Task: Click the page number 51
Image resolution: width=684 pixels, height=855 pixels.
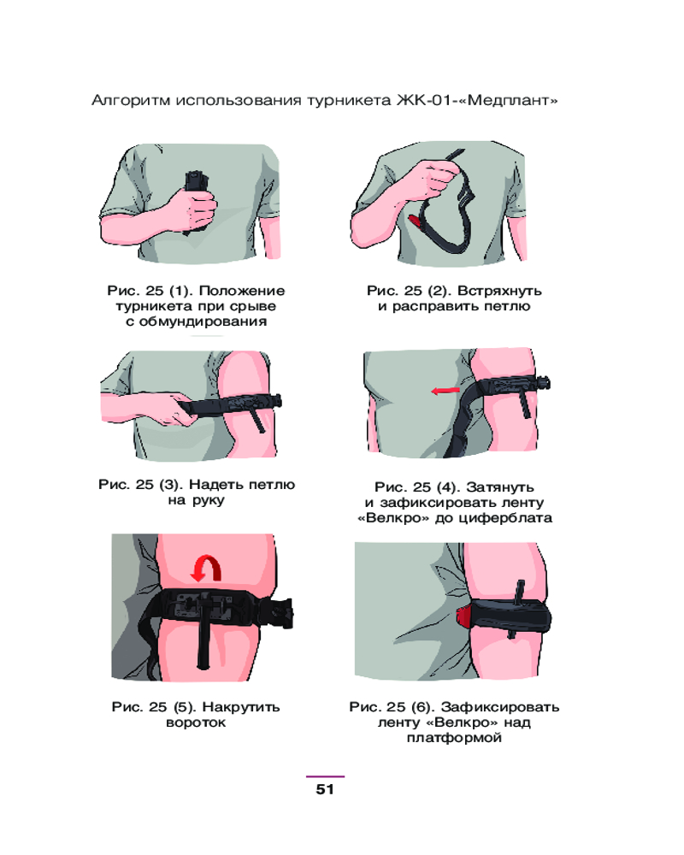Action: (325, 789)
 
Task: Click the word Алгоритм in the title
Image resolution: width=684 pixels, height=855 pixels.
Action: (130, 101)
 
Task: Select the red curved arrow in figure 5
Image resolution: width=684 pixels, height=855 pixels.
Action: (206, 569)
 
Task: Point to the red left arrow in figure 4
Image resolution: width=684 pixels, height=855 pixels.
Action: (445, 391)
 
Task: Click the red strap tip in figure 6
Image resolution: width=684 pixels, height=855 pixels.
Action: (463, 616)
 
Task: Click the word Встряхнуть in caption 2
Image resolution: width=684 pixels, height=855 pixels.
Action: (499, 291)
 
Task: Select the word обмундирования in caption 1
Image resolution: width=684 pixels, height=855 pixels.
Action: (203, 321)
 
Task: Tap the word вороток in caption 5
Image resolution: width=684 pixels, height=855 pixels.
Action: (196, 722)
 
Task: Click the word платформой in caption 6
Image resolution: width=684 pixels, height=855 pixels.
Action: (454, 739)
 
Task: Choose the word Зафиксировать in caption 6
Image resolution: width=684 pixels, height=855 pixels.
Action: (500, 707)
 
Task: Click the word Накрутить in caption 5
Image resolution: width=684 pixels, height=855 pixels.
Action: (241, 707)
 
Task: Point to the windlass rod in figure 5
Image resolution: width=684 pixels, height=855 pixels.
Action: (204, 633)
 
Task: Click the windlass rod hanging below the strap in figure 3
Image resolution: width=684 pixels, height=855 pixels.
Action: (256, 419)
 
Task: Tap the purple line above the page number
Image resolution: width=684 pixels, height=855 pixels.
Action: (325, 776)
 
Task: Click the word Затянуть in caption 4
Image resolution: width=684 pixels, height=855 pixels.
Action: (499, 487)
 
